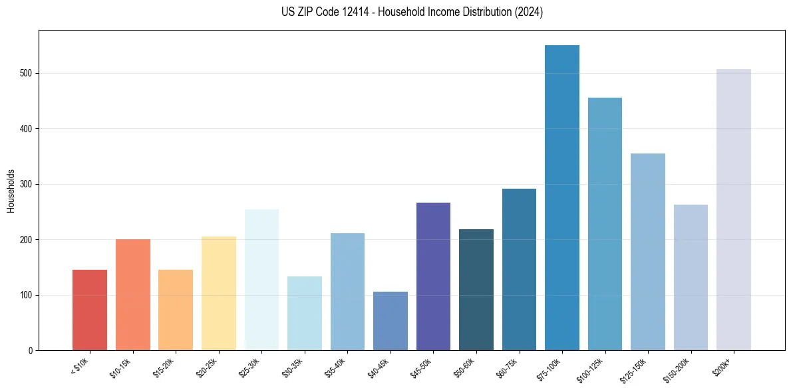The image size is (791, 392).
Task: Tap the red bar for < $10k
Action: click(89, 310)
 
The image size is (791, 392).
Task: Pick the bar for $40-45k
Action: click(390, 321)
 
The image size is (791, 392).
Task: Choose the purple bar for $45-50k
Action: click(433, 276)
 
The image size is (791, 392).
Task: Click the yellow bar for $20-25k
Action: click(218, 293)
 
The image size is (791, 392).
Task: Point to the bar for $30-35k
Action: click(304, 313)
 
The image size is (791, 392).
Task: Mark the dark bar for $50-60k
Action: click(476, 290)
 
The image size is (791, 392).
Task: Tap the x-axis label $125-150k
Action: click(635, 369)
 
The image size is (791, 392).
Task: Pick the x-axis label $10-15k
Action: click(121, 367)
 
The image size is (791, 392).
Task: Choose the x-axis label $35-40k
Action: click(336, 367)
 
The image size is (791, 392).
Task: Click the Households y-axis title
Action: click(11, 190)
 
